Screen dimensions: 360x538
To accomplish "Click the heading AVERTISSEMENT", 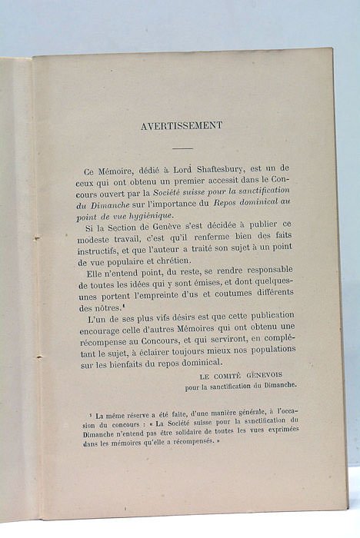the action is [x=182, y=126].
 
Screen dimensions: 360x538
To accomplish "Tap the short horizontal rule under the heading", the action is [x=182, y=148].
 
